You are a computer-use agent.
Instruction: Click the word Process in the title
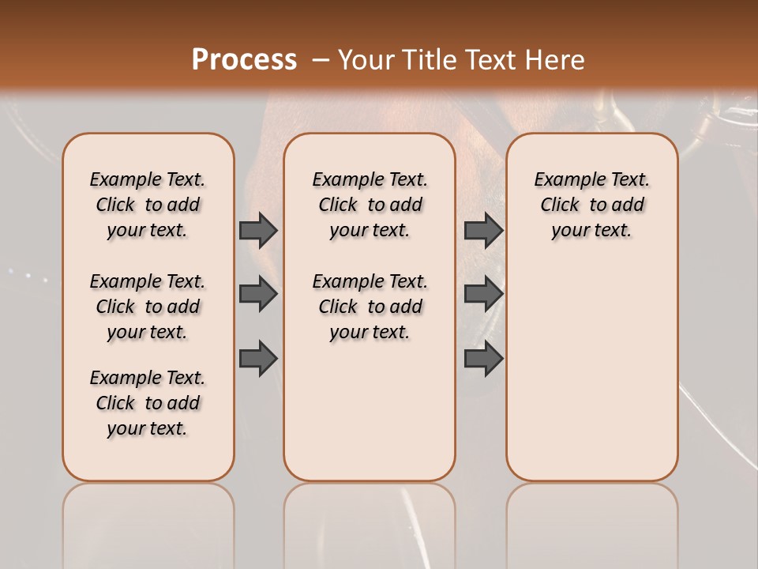pyautogui.click(x=244, y=59)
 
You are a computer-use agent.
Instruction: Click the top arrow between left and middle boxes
pyautogui.click(x=258, y=230)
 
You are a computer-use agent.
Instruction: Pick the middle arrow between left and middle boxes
pyautogui.click(x=258, y=294)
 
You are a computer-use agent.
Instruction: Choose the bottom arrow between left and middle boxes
pyautogui.click(x=258, y=358)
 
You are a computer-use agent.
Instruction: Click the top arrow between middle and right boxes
pyautogui.click(x=483, y=230)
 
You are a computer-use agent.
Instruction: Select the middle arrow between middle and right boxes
pyautogui.click(x=483, y=294)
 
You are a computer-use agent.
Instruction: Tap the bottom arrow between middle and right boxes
pyautogui.click(x=483, y=358)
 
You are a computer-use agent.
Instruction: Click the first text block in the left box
pyautogui.click(x=148, y=205)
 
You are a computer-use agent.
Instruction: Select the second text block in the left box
pyautogui.click(x=148, y=307)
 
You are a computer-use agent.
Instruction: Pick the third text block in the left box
pyautogui.click(x=148, y=403)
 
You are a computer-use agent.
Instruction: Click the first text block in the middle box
pyautogui.click(x=370, y=205)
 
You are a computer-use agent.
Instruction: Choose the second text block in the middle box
pyautogui.click(x=370, y=307)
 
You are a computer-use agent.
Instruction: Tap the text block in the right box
pyautogui.click(x=591, y=205)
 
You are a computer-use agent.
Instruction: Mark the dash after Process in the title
pyautogui.click(x=320, y=59)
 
